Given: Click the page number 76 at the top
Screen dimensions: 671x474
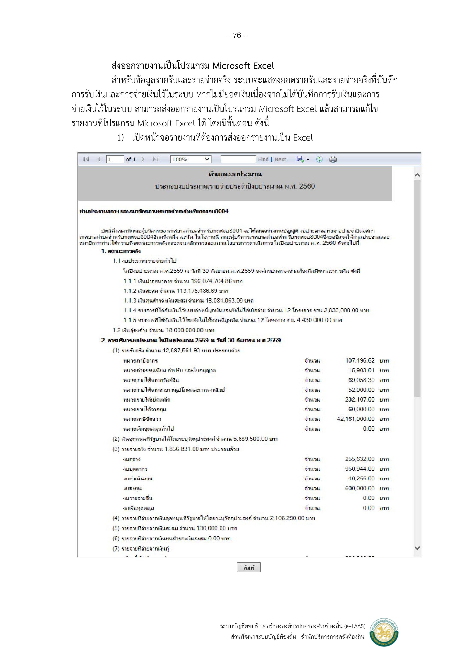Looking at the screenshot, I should pos(237,36).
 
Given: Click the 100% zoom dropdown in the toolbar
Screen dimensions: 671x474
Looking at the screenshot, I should pos(191,159).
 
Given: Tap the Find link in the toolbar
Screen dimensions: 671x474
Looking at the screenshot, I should pos(263,159).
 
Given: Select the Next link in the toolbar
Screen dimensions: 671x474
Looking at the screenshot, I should pos(280,159).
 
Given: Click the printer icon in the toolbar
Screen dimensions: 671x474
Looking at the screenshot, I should pos(333,159).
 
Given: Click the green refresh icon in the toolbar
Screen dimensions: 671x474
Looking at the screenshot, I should pos(319,159).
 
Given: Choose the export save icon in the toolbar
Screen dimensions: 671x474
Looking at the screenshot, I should pos(300,159).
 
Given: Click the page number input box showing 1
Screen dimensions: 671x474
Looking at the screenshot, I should pos(115,159).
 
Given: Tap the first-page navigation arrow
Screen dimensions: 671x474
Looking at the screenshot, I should pos(86,159).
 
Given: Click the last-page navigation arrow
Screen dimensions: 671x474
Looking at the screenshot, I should pos(155,159).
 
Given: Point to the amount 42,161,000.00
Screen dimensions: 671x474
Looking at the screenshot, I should pos(355,419).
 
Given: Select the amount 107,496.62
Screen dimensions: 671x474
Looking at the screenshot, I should pos(360,361).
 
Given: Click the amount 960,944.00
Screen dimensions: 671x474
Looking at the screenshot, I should pos(360,469).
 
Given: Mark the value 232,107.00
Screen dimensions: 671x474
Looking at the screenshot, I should pos(360,399).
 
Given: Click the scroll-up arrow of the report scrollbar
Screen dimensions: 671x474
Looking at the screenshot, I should pos(417,175).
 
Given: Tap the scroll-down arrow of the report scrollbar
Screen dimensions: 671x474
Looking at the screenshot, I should pos(417,548).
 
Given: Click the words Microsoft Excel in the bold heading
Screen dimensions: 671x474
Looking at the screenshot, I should pos(243,66).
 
